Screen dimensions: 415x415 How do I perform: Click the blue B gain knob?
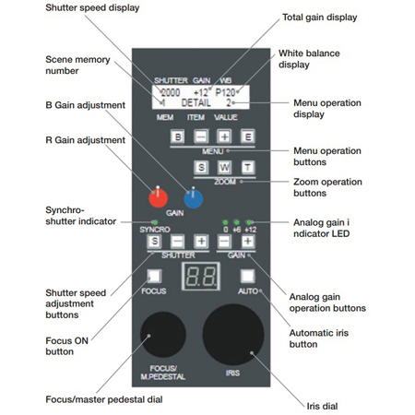[193, 197]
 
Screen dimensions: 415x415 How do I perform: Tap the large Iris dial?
[235, 333]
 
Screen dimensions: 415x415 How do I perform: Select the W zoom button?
[224, 167]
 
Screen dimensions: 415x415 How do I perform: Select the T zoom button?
[247, 167]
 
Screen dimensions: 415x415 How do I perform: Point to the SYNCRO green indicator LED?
[156, 222]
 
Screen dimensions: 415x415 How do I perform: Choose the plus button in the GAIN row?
[248, 242]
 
